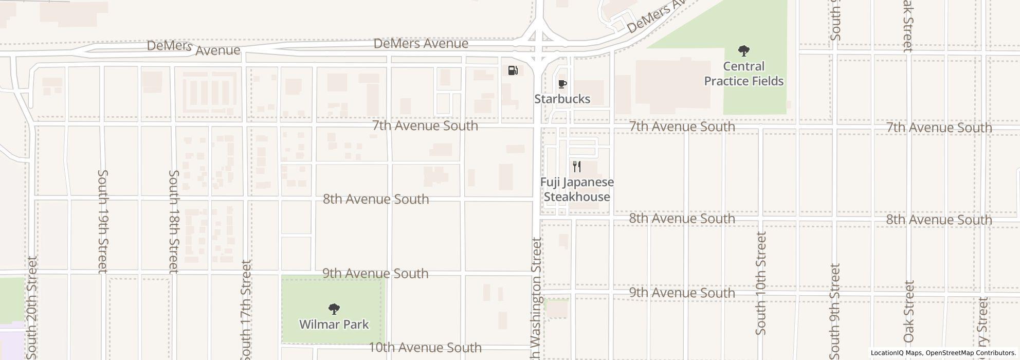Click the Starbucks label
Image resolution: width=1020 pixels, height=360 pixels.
(562, 99)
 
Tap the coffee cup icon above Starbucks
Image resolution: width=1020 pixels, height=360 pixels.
(562, 84)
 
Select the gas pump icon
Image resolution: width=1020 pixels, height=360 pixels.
(513, 70)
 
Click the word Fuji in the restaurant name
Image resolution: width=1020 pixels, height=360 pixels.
(551, 182)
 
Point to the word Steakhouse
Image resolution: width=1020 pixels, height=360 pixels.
(577, 196)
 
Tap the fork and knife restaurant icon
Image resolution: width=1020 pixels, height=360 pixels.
(577, 166)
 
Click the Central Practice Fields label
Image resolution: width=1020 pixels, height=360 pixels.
(743, 74)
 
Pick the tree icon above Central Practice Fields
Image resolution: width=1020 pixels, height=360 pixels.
(743, 51)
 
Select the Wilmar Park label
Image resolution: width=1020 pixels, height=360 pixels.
(334, 324)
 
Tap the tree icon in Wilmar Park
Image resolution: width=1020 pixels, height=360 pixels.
(334, 309)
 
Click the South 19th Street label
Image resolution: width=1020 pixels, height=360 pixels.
(102, 221)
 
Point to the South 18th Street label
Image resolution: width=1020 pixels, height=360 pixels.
(174, 221)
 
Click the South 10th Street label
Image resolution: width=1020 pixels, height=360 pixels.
(761, 283)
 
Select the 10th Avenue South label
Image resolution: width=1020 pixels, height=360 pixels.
(425, 348)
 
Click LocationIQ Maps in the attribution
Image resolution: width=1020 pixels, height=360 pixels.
(896, 353)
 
